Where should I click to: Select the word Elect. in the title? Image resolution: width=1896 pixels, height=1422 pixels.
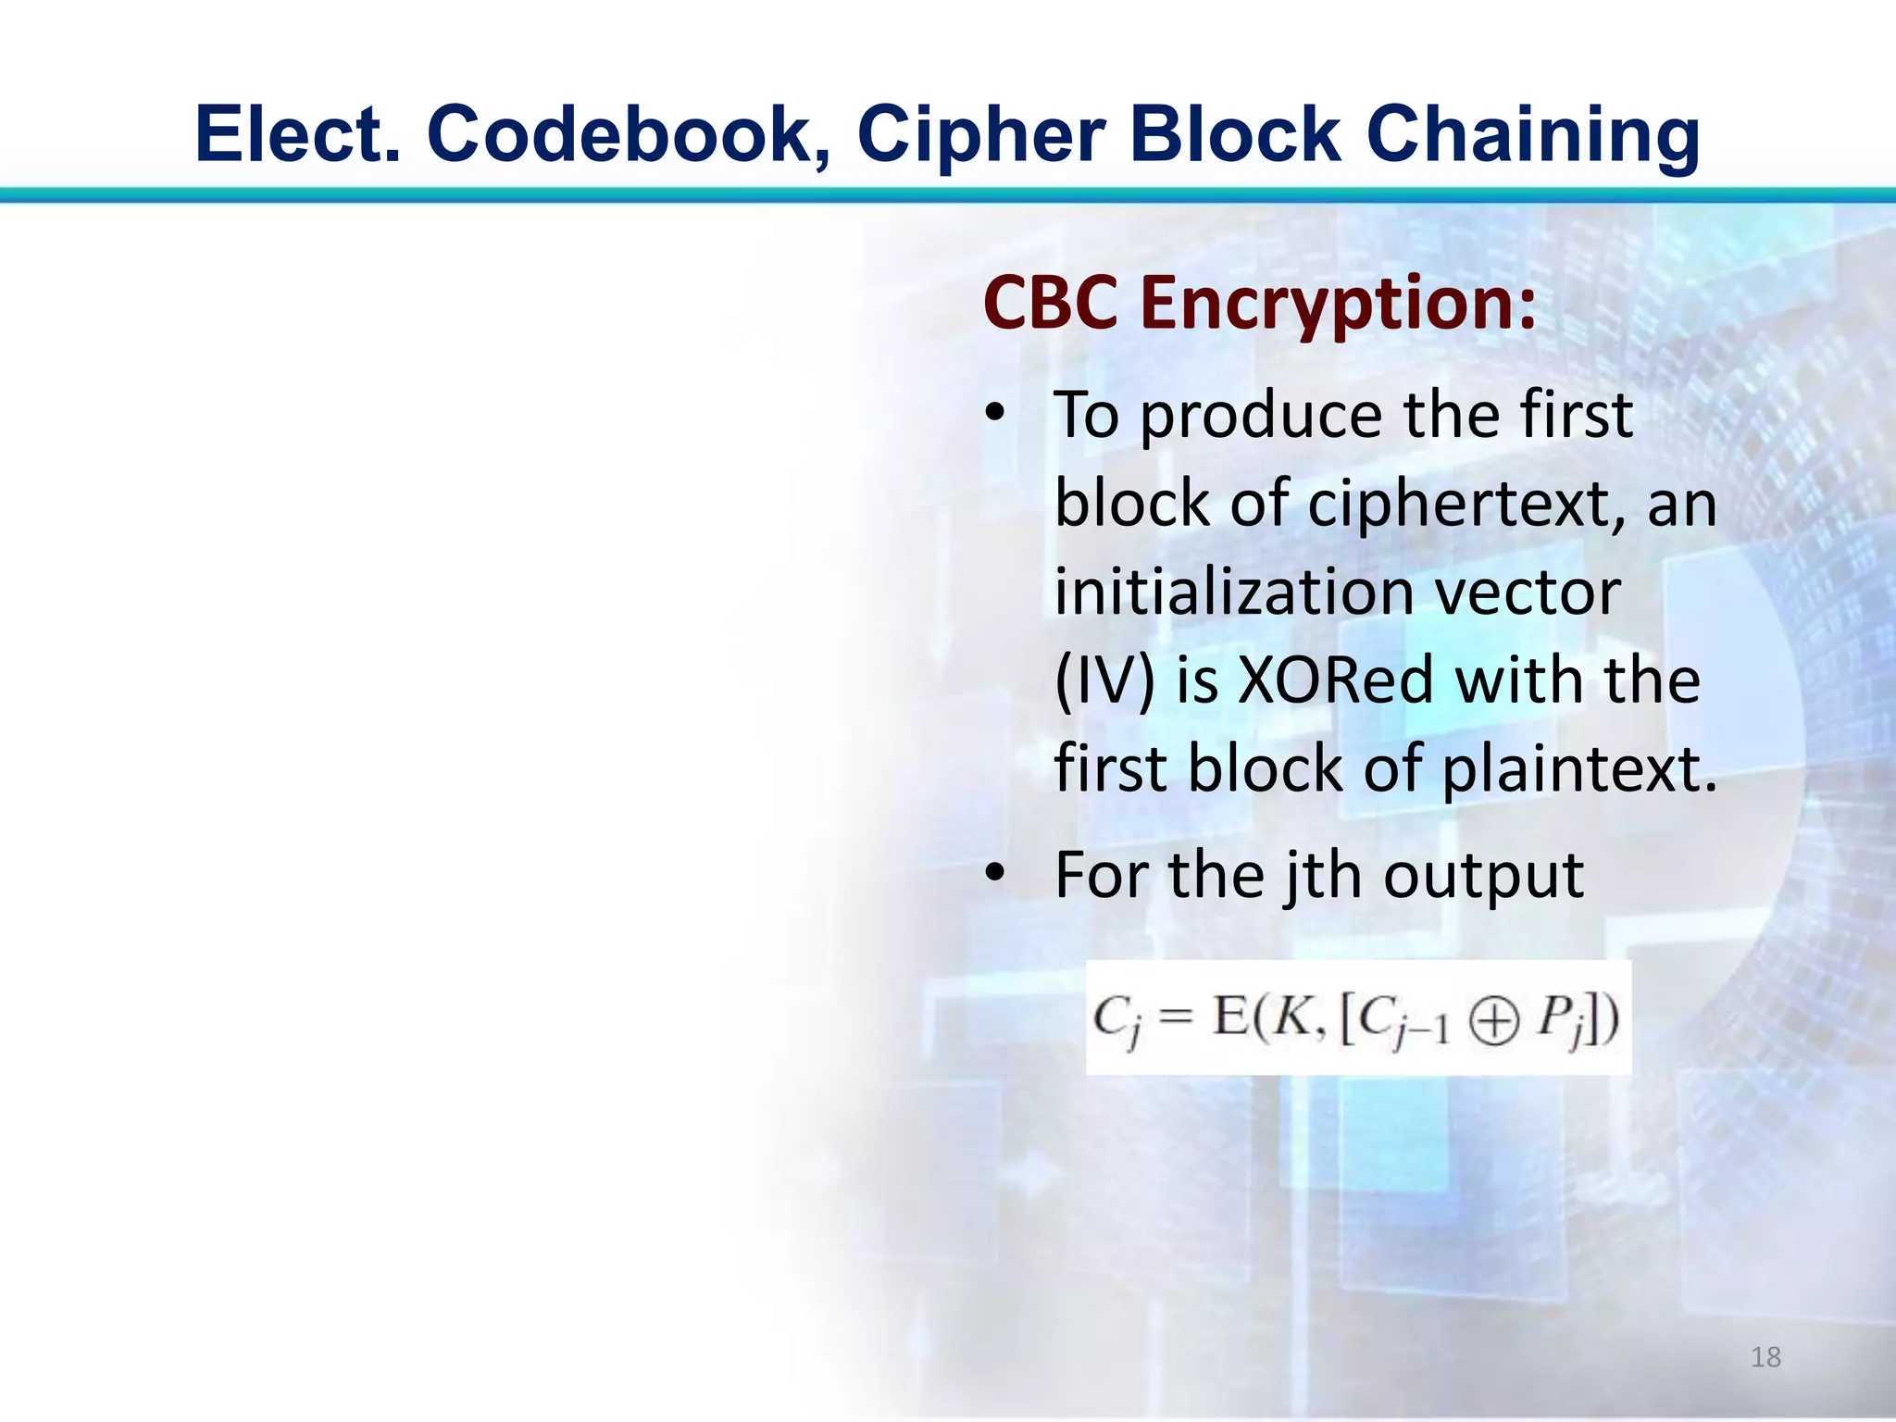pyautogui.click(x=298, y=134)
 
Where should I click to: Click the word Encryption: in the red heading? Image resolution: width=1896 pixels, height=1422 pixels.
pyautogui.click(x=1338, y=305)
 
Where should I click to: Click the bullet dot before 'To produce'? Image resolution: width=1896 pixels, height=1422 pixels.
pyautogui.click(x=994, y=412)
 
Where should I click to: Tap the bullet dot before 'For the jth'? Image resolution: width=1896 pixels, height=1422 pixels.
pyautogui.click(x=994, y=873)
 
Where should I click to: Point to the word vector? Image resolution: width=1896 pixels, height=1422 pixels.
pyautogui.click(x=1528, y=592)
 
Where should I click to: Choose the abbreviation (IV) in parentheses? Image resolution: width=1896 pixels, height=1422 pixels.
pyautogui.click(x=1105, y=681)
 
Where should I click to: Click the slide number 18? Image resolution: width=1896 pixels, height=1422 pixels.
pyautogui.click(x=1765, y=1357)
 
